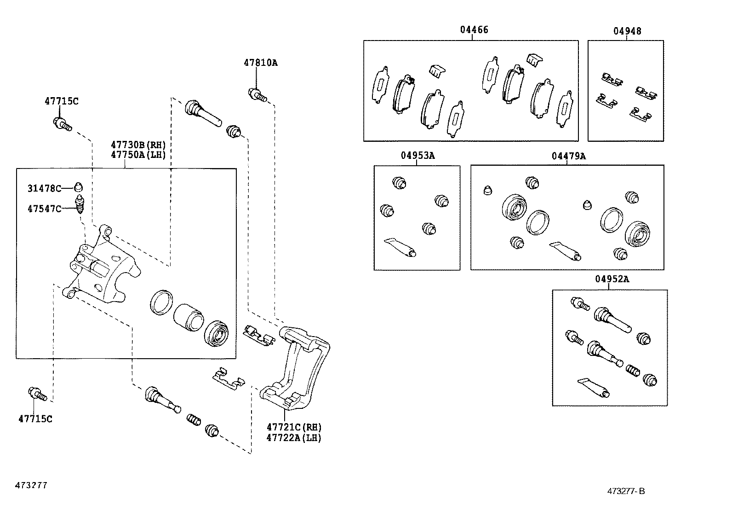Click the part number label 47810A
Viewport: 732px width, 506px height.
260,63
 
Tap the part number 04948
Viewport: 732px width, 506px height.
627,31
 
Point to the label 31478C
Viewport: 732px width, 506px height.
44,188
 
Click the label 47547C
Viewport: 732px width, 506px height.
44,209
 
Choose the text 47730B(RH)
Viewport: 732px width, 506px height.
138,145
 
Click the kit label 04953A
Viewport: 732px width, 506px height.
417,156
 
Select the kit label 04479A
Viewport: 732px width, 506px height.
568,156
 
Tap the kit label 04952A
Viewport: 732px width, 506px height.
612,279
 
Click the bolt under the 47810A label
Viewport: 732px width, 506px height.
257,95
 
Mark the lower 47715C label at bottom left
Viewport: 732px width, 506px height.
35,419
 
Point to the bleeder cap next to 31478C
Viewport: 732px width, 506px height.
79,187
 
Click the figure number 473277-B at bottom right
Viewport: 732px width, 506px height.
626,491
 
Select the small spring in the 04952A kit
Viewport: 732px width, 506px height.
633,370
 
